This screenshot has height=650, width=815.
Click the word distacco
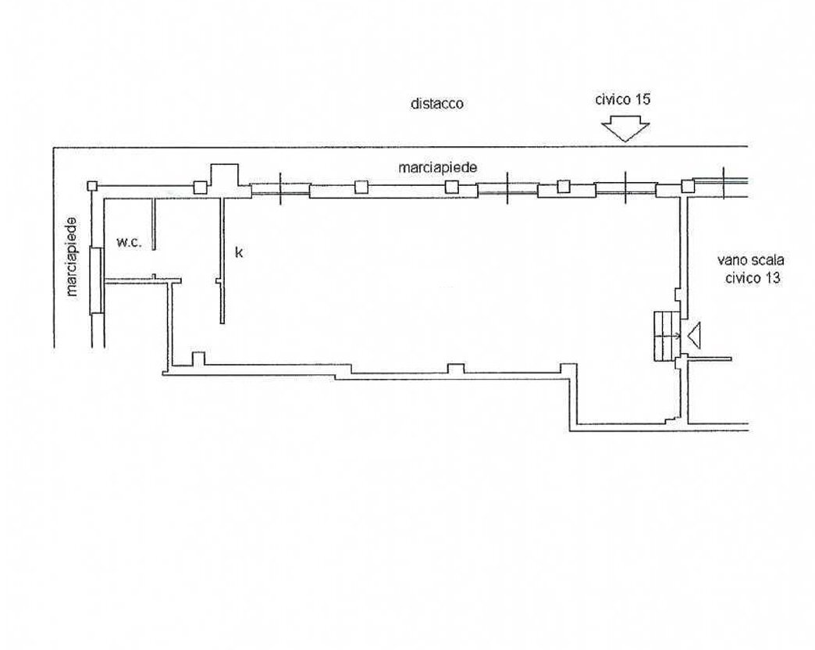tap(436, 103)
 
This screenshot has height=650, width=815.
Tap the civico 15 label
tap(623, 99)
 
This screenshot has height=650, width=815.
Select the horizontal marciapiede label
tap(438, 168)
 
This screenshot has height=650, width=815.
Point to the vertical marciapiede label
tap(72, 257)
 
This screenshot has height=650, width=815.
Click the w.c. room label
tap(128, 242)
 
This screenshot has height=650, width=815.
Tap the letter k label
tap(239, 252)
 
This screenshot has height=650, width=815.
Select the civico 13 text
tap(753, 277)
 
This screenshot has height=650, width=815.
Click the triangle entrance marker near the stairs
tap(695, 335)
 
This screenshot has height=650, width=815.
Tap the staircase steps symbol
tap(667, 336)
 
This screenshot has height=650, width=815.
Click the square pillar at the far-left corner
tap(92, 186)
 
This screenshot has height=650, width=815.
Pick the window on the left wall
tap(97, 280)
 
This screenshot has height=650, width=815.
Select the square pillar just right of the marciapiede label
tap(451, 187)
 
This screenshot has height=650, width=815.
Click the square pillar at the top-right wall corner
tap(688, 186)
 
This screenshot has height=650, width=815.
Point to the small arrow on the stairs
tap(675, 336)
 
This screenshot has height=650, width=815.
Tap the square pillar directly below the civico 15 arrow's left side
tap(564, 186)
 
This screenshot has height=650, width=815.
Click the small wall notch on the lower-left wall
tap(198, 359)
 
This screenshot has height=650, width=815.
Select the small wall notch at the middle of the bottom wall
tap(456, 369)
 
